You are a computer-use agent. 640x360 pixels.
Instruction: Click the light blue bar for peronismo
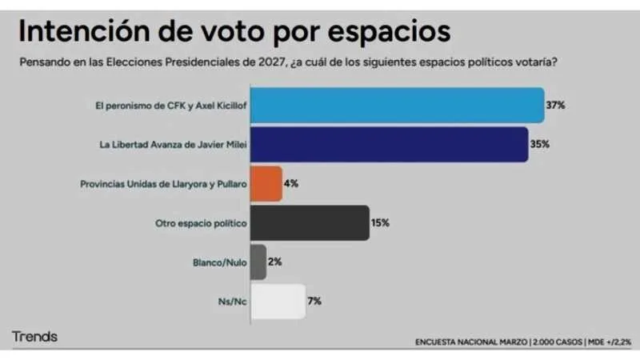click(398, 105)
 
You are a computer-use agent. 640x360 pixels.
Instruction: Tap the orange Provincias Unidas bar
click(266, 183)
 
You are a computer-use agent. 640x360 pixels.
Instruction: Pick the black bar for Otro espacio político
click(310, 222)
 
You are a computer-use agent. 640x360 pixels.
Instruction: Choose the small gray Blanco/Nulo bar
click(258, 262)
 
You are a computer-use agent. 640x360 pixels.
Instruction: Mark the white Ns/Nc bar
click(278, 301)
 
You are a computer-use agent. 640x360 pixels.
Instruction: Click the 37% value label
click(557, 105)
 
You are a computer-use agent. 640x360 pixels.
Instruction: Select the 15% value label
click(380, 222)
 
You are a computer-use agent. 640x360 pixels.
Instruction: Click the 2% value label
click(274, 262)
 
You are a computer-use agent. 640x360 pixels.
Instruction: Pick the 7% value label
click(314, 301)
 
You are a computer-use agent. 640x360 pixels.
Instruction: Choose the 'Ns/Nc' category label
click(233, 301)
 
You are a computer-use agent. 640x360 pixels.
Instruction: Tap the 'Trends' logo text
click(34, 337)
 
